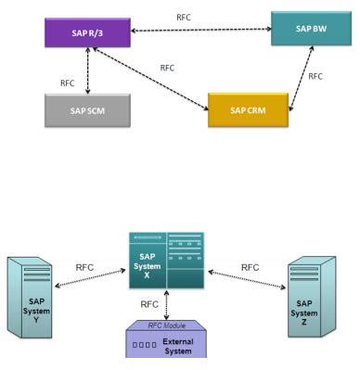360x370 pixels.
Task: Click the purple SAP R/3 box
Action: click(x=86, y=34)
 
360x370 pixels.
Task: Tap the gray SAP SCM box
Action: click(x=87, y=109)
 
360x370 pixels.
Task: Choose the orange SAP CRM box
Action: click(x=248, y=109)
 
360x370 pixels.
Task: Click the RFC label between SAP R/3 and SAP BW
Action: click(x=185, y=17)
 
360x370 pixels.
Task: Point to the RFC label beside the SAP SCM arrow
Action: click(x=68, y=82)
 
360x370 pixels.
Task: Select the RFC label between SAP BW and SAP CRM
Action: click(x=316, y=76)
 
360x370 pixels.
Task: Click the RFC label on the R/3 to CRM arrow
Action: click(x=167, y=68)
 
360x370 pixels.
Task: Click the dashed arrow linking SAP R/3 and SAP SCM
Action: click(x=87, y=70)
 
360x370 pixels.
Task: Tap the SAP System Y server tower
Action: click(x=33, y=296)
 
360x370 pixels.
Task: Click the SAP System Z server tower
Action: click(x=312, y=296)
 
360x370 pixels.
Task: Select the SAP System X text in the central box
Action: click(x=146, y=262)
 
